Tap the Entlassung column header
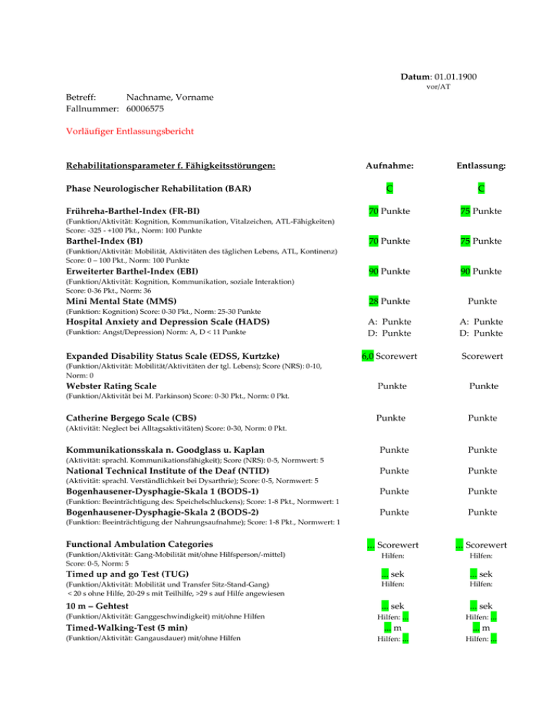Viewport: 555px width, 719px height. pos(482,166)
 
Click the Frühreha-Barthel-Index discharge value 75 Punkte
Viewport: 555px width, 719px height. pos(482,211)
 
